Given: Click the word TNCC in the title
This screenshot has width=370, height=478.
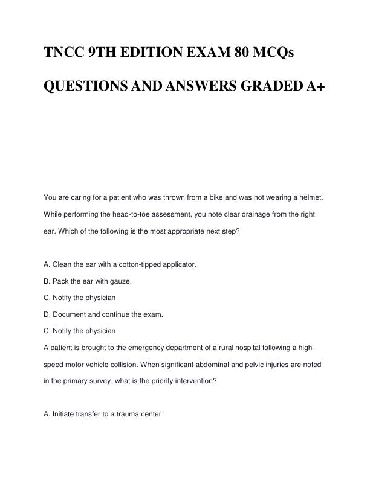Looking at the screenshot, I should coord(63,53).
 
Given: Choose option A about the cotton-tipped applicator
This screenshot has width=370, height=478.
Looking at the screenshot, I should coord(120,264).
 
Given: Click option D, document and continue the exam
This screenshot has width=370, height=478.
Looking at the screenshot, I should coord(104,314).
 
